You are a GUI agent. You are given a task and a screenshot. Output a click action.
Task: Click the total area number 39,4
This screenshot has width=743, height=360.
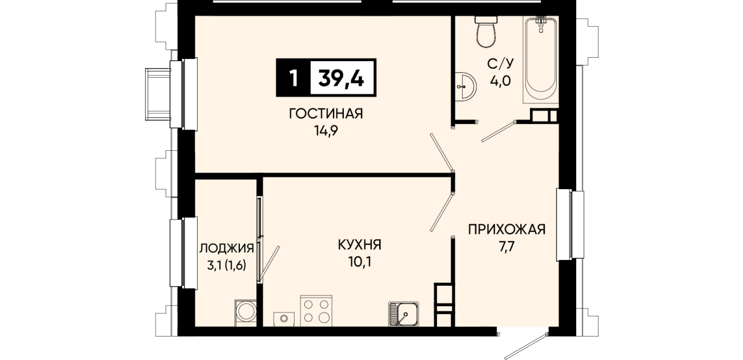[x=342, y=79]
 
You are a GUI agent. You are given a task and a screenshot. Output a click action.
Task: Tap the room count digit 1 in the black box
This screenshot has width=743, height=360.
[x=293, y=79]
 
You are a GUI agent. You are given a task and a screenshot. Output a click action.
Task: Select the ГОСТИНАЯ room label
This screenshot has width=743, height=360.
[x=326, y=114]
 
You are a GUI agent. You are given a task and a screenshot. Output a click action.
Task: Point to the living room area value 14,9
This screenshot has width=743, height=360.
[x=326, y=131]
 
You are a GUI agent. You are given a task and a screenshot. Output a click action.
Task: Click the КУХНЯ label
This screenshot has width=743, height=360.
[x=360, y=245]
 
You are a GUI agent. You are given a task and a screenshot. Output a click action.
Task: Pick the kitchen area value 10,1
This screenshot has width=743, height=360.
[x=360, y=262]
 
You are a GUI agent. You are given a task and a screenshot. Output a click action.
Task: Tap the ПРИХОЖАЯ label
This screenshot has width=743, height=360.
[x=507, y=230]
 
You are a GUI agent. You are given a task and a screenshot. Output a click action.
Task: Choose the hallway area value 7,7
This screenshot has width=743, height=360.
[x=507, y=247]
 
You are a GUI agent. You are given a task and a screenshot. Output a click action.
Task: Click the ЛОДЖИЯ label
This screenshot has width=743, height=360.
[x=227, y=248]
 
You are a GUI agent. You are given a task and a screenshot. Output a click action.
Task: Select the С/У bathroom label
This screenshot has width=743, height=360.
[x=500, y=63]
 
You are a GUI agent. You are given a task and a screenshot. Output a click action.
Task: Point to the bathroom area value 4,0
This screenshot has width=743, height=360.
[x=500, y=81]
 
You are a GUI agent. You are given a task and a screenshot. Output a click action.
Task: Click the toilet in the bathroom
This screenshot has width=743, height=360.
[x=486, y=31]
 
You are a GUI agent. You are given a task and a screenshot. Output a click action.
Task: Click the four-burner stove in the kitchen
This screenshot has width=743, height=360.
[x=316, y=311]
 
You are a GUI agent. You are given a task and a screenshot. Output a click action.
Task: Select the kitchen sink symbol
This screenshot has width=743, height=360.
[x=403, y=314]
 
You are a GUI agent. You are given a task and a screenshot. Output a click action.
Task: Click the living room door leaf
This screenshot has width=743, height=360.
[x=441, y=153]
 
